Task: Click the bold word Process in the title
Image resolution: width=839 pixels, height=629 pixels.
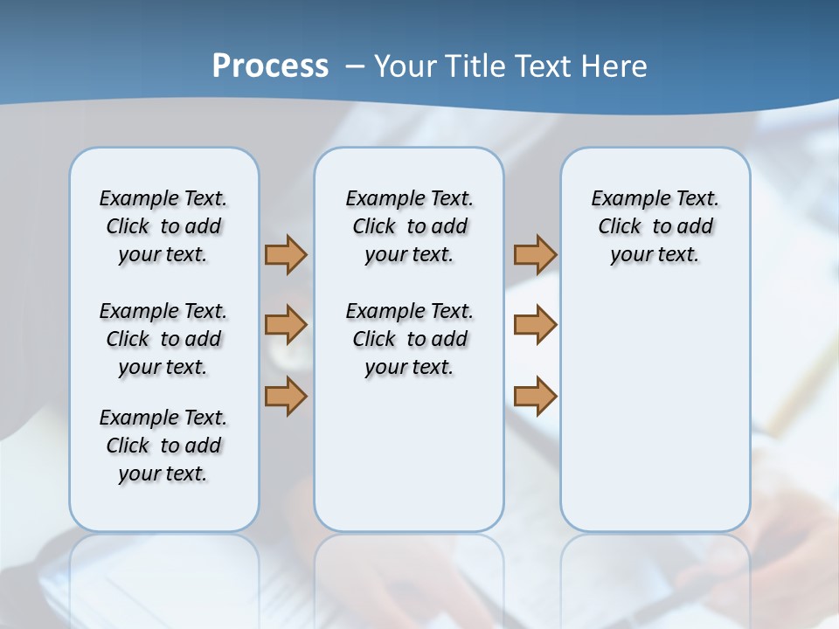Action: click(x=270, y=66)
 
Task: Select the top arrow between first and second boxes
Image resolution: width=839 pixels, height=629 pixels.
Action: click(x=286, y=254)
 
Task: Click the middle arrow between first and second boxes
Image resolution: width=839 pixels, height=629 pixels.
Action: click(x=286, y=325)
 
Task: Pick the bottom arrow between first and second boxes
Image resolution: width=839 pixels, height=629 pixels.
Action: click(x=286, y=397)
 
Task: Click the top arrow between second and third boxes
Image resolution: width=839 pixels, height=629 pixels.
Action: click(x=535, y=254)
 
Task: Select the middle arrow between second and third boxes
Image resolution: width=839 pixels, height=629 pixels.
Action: click(x=535, y=325)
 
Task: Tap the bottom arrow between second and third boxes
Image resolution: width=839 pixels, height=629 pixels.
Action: click(x=535, y=397)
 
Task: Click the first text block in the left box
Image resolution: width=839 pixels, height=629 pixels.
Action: click(x=163, y=226)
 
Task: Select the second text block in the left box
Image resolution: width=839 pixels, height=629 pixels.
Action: click(x=163, y=339)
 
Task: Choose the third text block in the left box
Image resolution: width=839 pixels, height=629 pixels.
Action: click(x=163, y=446)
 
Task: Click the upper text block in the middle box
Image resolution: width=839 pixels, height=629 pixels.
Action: click(x=409, y=226)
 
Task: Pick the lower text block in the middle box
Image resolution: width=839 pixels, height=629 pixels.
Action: click(x=409, y=339)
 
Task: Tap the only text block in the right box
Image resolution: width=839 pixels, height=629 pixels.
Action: click(x=655, y=226)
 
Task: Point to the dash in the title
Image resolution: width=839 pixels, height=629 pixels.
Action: click(x=355, y=66)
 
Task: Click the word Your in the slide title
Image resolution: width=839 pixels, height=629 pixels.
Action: click(x=406, y=66)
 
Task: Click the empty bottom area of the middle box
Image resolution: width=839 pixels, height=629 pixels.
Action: click(x=409, y=463)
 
